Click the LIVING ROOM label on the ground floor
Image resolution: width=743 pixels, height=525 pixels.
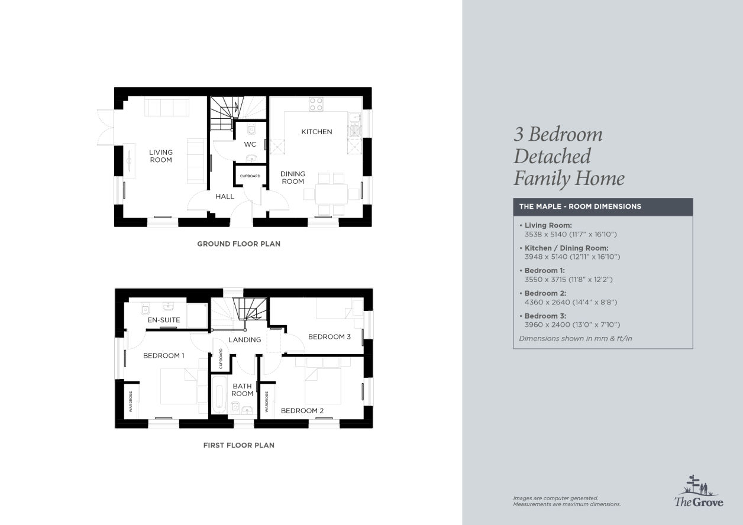[x=161, y=156]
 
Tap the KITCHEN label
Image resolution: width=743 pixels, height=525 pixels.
[x=316, y=132]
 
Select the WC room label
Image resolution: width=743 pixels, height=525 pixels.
[x=250, y=144]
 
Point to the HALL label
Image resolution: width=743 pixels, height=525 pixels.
[x=225, y=196]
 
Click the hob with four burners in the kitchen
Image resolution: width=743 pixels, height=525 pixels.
[x=316, y=104]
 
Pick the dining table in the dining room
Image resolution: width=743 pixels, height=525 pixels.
[x=331, y=195]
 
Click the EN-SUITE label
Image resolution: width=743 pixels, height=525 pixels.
[x=164, y=320]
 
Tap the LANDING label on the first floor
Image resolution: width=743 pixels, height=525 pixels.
[x=245, y=340]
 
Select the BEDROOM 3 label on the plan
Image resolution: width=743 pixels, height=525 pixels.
[x=329, y=337]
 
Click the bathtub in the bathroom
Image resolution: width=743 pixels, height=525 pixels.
[x=219, y=395]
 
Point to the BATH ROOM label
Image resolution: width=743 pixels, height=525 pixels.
[x=242, y=390]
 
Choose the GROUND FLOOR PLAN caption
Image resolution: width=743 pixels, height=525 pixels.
[x=239, y=244]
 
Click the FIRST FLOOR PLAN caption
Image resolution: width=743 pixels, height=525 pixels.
[x=239, y=445]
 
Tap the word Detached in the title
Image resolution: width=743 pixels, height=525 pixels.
[x=553, y=156]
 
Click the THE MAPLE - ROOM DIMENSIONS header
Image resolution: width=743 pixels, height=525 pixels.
[x=580, y=206]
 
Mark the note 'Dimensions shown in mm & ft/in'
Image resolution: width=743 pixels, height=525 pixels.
[x=576, y=338]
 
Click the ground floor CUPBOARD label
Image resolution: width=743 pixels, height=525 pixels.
[x=250, y=176]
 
